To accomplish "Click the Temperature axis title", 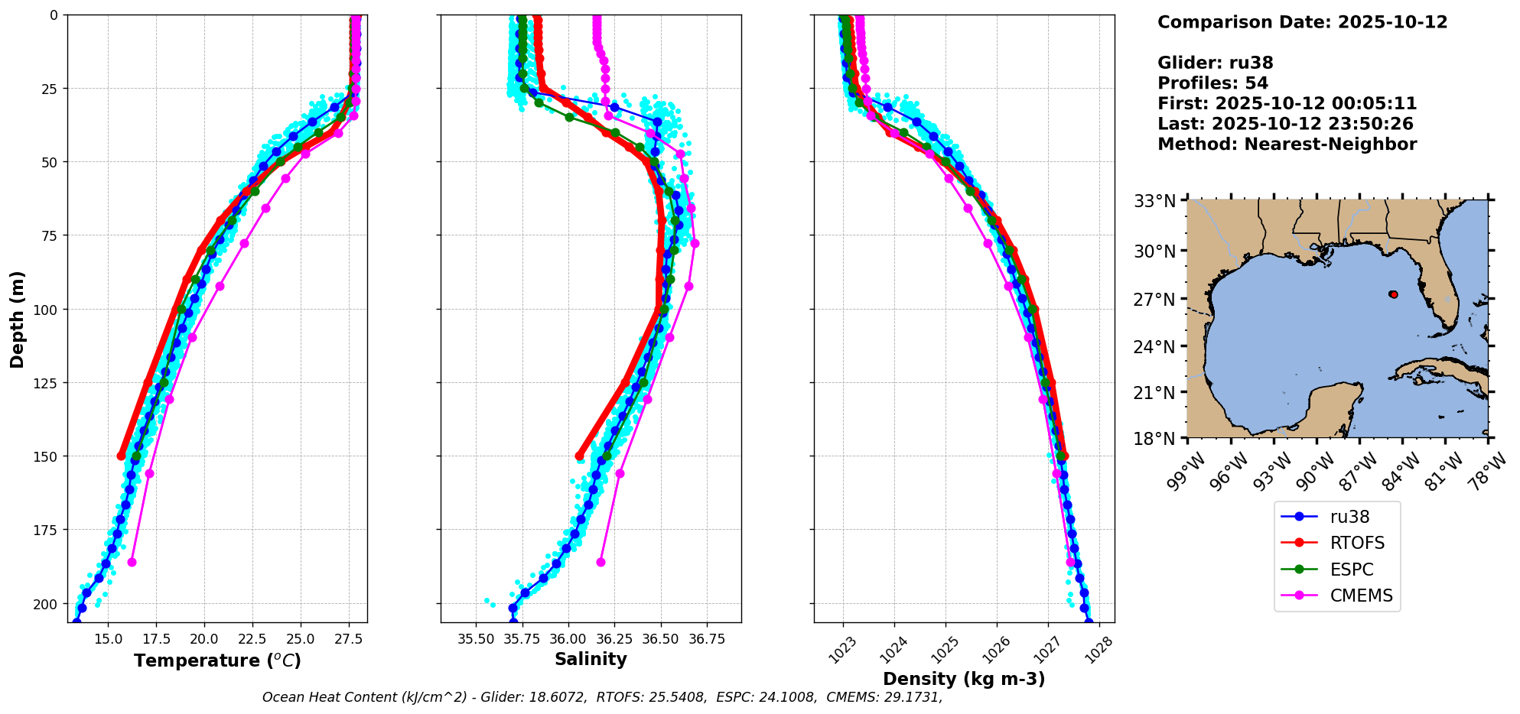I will (217, 660).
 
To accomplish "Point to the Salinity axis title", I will (591, 659).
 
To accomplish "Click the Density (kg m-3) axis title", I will (964, 679).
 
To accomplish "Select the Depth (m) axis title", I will (18, 319).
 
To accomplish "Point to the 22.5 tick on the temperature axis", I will (252, 638).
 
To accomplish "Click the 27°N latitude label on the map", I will (1154, 300).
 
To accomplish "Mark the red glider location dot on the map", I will (1393, 294).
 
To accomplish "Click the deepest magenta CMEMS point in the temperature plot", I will (132, 562).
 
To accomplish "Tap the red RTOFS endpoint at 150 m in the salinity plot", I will (579, 456).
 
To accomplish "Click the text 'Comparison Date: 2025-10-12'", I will (1302, 22).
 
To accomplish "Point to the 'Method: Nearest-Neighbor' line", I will (1287, 144).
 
